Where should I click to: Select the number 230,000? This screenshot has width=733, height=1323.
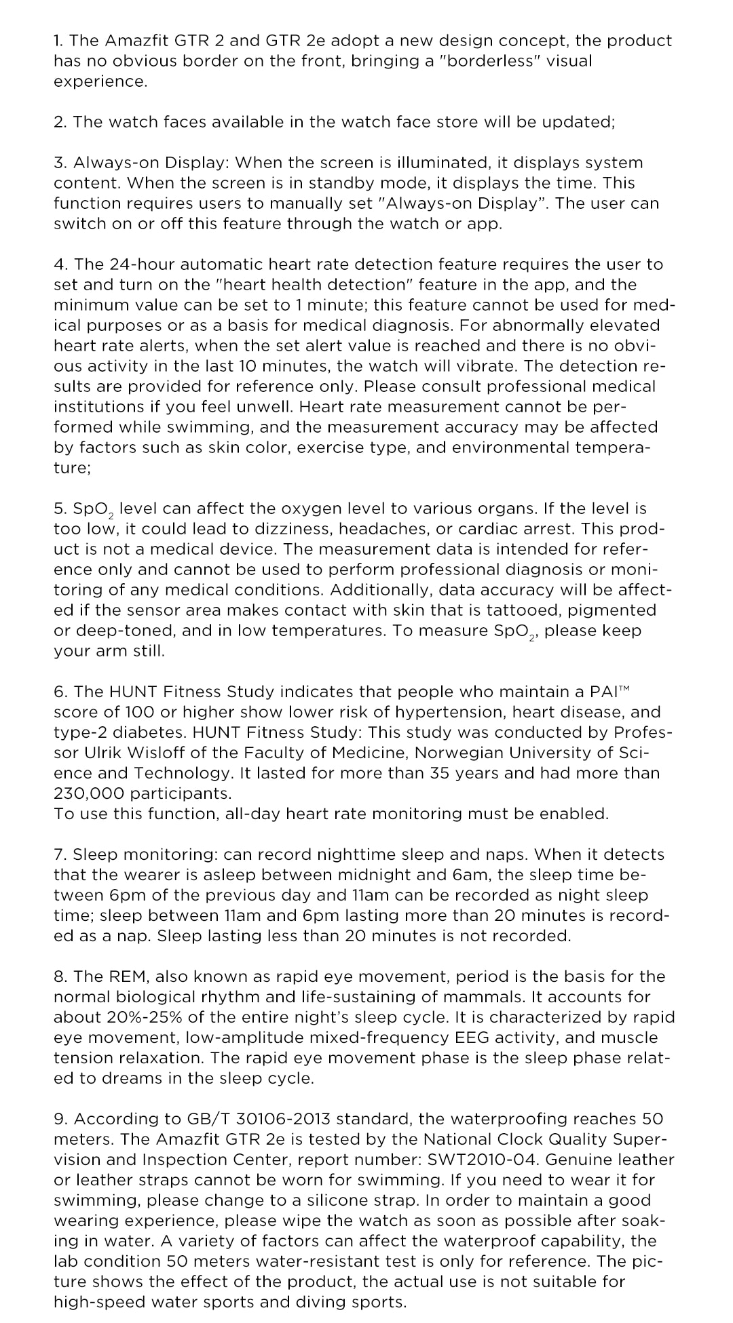(x=88, y=793)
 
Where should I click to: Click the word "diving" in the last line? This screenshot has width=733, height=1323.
(x=322, y=1302)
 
